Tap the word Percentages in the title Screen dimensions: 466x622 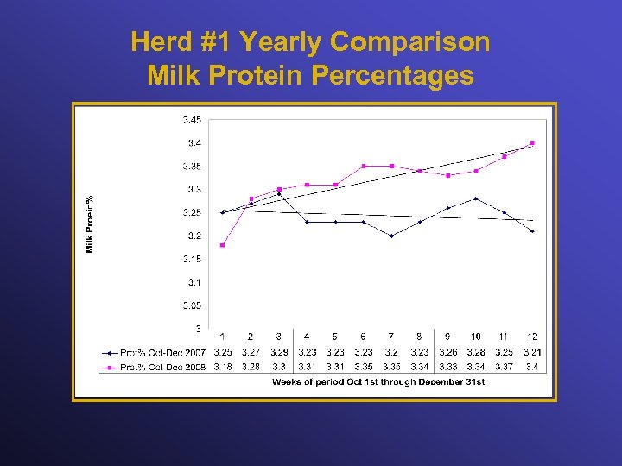point(392,76)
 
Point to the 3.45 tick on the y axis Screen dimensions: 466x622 point(192,119)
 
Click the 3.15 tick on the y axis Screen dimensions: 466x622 point(192,259)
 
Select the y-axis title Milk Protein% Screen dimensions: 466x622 point(89,224)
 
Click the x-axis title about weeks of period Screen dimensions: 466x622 point(378,381)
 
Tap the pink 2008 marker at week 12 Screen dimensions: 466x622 point(532,142)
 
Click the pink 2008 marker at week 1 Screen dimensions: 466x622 point(222,245)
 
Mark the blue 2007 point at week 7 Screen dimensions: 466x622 point(391,236)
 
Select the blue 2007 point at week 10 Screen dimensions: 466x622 point(476,198)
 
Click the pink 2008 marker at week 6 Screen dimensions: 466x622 point(364,166)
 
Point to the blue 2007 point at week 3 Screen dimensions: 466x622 point(279,194)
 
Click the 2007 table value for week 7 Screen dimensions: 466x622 point(391,352)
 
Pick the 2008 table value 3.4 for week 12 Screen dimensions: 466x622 point(532,367)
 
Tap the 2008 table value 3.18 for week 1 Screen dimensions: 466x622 point(222,367)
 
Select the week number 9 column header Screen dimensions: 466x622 point(447,337)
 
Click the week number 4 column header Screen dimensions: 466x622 point(307,337)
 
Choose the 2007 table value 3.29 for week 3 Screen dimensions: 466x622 point(279,352)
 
